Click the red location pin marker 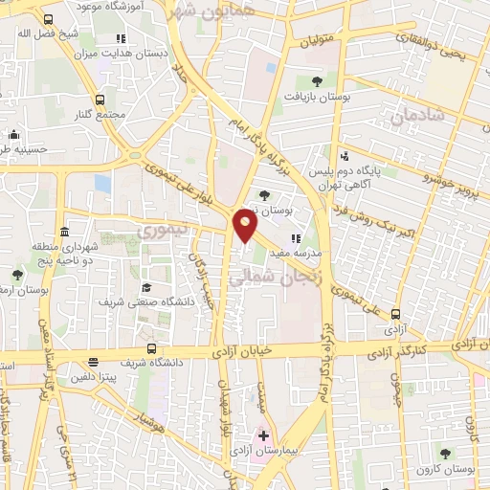(246, 225)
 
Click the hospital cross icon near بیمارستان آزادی (264, 435)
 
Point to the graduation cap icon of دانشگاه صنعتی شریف (146, 287)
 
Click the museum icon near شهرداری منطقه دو (64, 233)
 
